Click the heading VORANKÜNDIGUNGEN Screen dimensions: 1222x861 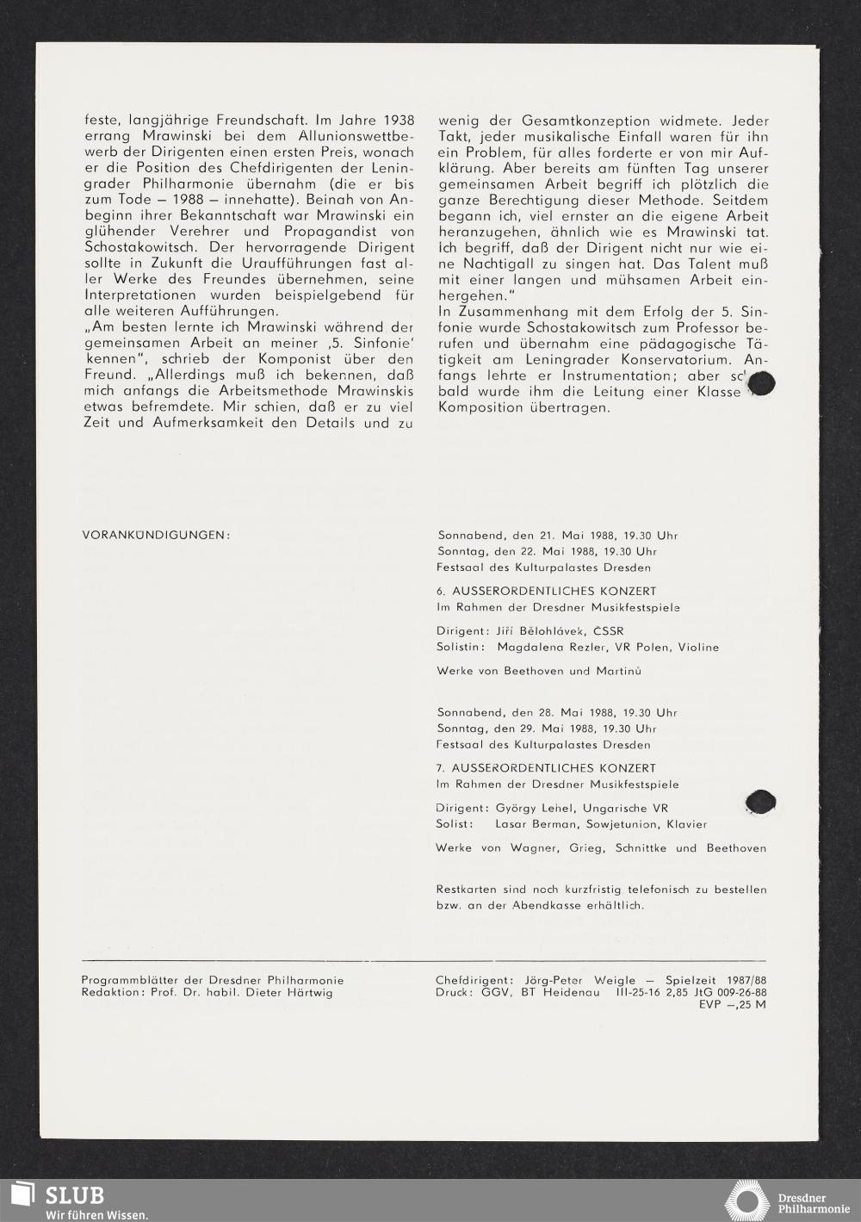coord(156,535)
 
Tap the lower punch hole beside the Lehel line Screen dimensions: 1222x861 coord(760,802)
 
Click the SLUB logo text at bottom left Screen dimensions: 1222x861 coord(74,1195)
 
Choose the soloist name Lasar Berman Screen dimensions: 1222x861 coord(536,824)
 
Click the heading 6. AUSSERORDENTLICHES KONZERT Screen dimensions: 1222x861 coord(546,591)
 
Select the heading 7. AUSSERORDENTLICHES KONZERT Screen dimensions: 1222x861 coord(546,767)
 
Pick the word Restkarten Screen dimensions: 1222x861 coord(468,889)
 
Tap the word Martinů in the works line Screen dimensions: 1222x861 coord(618,670)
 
